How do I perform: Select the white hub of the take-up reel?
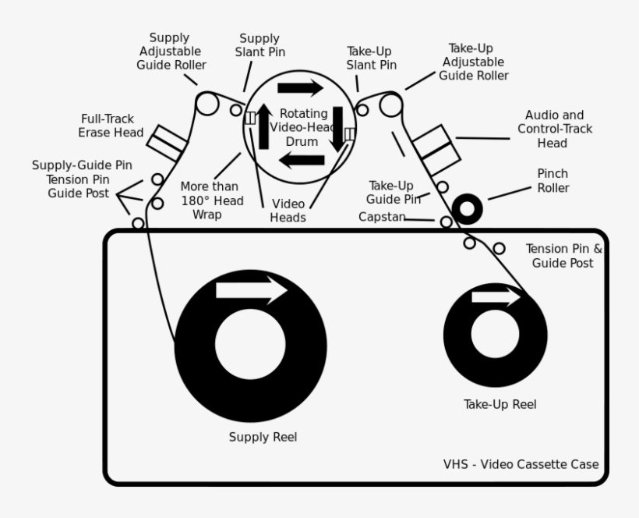pyautogui.click(x=495, y=333)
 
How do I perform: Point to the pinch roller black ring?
pyautogui.click(x=467, y=208)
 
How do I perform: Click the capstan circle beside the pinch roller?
pyautogui.click(x=446, y=222)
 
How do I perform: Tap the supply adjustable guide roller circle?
pyautogui.click(x=207, y=103)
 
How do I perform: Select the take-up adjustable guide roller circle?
pyautogui.click(x=390, y=103)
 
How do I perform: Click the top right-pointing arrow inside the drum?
pyautogui.click(x=300, y=87)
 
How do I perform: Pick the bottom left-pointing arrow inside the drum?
pyautogui.click(x=302, y=161)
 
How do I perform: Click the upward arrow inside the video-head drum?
pyautogui.click(x=264, y=125)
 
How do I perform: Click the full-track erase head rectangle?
pyautogui.click(x=168, y=143)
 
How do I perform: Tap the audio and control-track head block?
pyautogui.click(x=432, y=150)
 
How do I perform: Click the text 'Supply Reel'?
pyautogui.click(x=263, y=437)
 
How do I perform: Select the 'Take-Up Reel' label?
pyautogui.click(x=500, y=404)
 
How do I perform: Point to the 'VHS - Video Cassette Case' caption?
pyautogui.click(x=521, y=465)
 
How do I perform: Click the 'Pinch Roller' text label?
pyautogui.click(x=553, y=181)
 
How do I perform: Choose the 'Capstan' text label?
pyautogui.click(x=381, y=217)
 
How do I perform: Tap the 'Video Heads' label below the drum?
pyautogui.click(x=288, y=211)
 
